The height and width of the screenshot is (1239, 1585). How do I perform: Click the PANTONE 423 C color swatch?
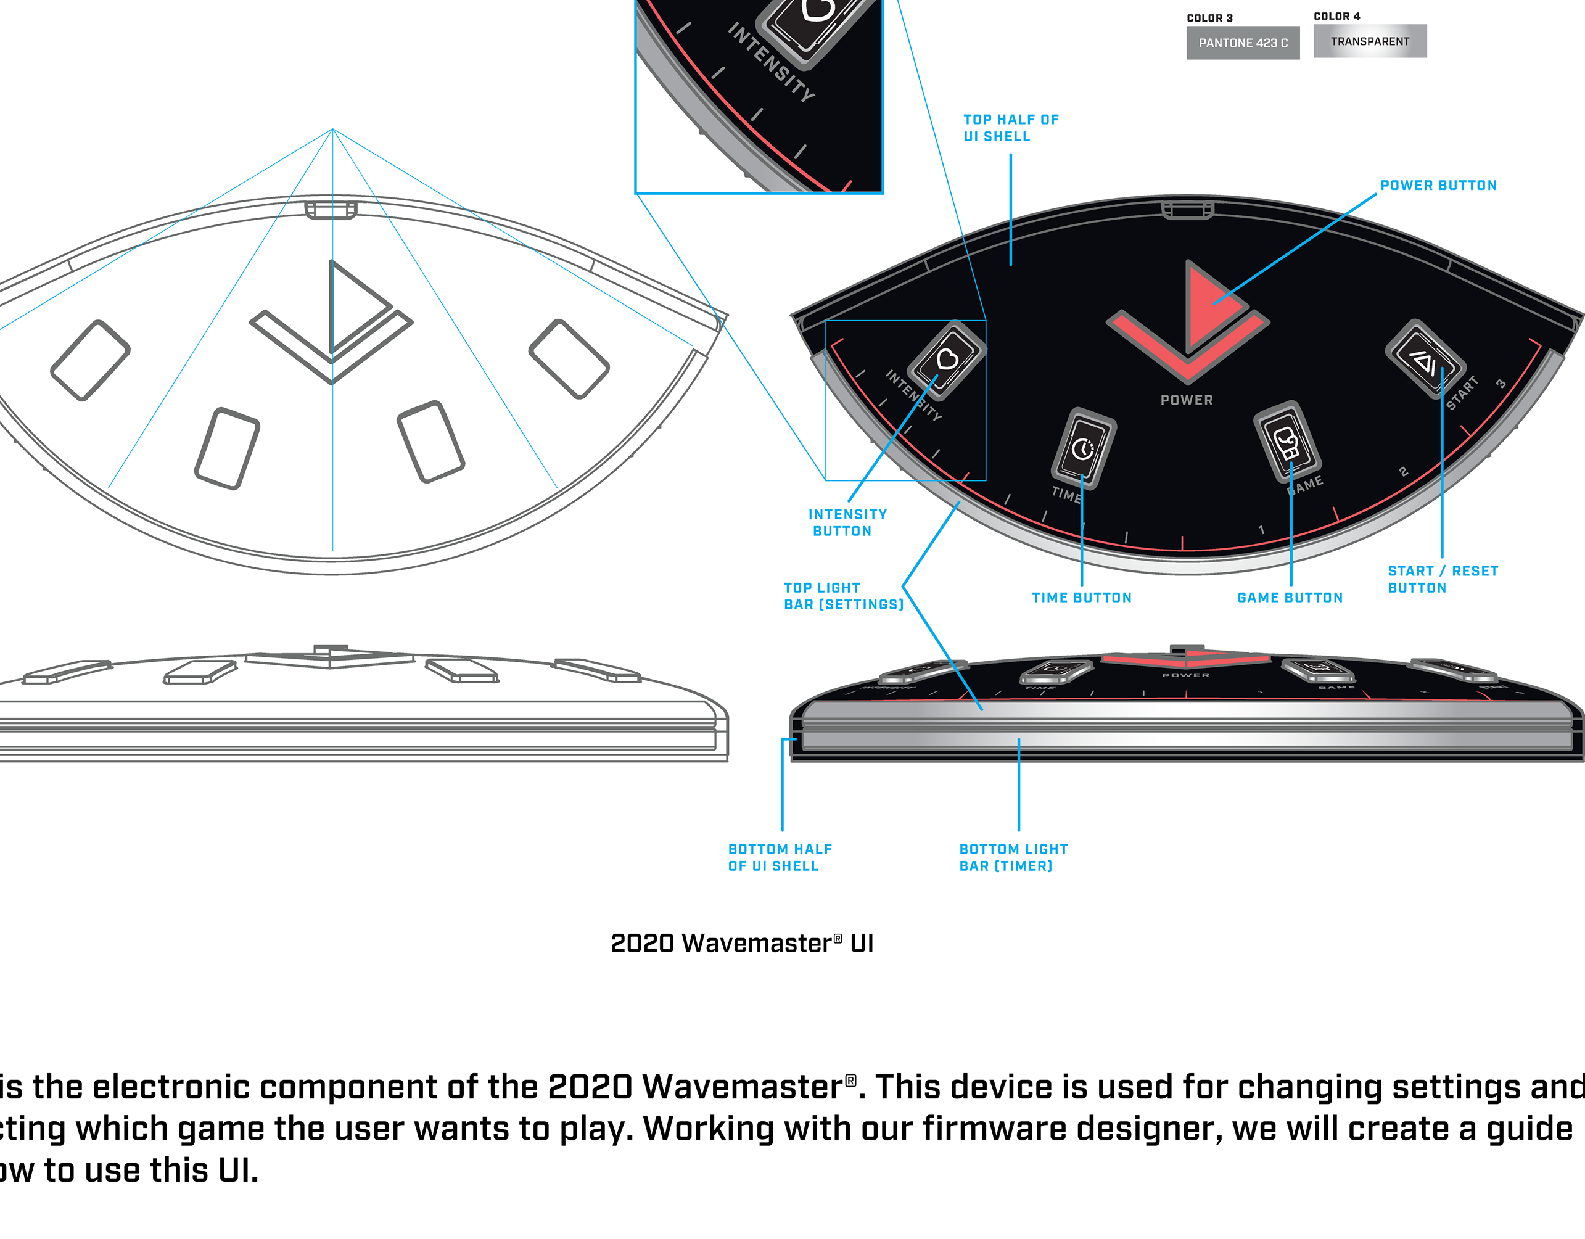[x=1243, y=43]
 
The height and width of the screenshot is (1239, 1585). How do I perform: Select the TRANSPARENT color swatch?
[x=1370, y=41]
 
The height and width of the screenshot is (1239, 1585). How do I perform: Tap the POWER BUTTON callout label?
[x=1438, y=186]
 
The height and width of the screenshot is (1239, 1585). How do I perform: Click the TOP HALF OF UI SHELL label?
[x=1010, y=128]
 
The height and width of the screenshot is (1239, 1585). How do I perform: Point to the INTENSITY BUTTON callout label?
[x=847, y=522]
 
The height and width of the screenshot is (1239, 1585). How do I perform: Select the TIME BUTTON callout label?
[x=1081, y=598]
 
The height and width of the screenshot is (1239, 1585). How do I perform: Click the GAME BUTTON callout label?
[x=1290, y=598]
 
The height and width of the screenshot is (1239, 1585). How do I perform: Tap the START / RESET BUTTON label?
[x=1442, y=580]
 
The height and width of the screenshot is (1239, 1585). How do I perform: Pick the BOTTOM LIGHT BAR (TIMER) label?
[x=1013, y=857]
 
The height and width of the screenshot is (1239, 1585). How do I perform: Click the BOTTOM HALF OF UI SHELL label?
[x=780, y=857]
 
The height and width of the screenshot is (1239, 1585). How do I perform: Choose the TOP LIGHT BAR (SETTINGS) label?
[x=843, y=596]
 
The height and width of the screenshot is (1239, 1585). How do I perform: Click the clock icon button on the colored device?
[x=1084, y=448]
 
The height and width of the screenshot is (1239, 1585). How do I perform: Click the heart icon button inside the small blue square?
[x=947, y=360]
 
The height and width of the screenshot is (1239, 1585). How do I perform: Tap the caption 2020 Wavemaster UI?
[x=742, y=944]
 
